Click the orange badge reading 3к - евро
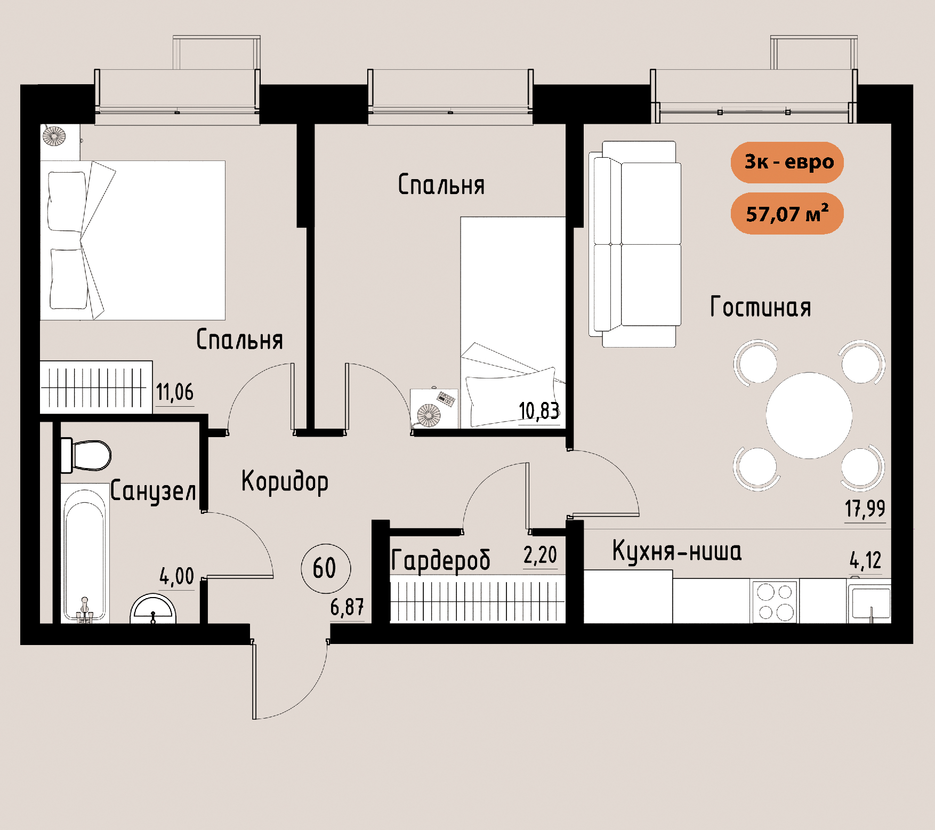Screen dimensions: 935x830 click(787, 162)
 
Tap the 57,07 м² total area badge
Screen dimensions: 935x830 click(787, 213)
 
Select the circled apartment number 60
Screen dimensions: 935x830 click(326, 568)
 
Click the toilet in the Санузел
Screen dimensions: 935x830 click(86, 455)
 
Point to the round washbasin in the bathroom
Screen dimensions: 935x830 click(153, 609)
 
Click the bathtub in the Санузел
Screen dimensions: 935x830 click(85, 553)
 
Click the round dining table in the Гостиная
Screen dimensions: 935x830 click(809, 415)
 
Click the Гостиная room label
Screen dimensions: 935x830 click(761, 307)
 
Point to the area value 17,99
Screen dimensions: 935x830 click(865, 509)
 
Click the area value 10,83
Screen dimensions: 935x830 click(539, 411)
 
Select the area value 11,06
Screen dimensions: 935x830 click(175, 392)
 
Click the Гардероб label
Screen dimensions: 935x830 click(440, 560)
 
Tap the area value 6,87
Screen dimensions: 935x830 click(347, 607)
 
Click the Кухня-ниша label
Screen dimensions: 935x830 click(676, 551)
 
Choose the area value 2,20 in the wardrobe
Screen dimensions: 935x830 click(540, 555)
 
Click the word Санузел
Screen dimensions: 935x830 click(153, 491)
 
